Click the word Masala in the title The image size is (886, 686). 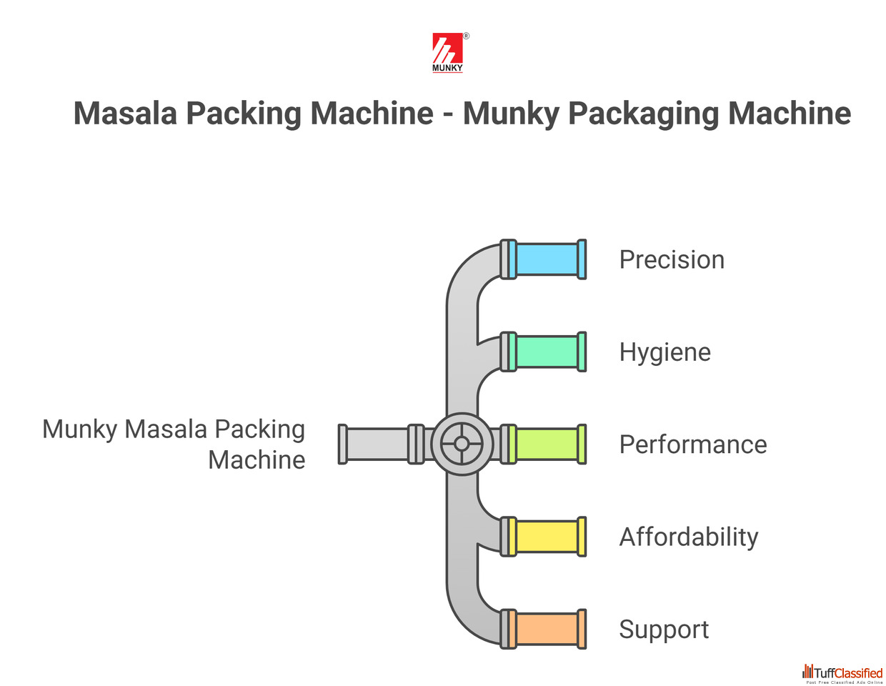tap(125, 114)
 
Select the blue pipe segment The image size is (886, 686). tap(547, 259)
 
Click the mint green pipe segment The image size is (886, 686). tap(547, 352)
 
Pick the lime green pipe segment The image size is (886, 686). tap(547, 444)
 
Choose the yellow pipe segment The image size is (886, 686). tap(547, 537)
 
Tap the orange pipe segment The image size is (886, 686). tap(547, 629)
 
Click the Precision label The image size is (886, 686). tap(672, 259)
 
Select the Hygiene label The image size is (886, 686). tap(664, 352)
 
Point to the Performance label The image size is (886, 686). tap(692, 444)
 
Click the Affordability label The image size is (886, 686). tap(688, 537)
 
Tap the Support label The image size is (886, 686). tap(663, 630)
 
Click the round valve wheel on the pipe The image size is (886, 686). tap(462, 444)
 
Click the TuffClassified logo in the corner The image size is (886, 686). tap(842, 673)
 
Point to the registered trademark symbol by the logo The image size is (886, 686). tap(467, 36)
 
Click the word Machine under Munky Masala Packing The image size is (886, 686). tap(257, 459)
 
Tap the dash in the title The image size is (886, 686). tap(448, 114)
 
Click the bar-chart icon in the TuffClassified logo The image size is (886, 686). tap(807, 672)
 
